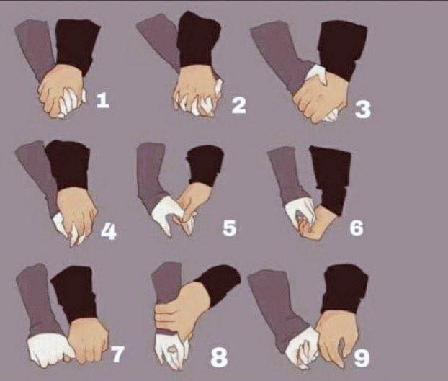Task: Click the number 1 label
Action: click(x=103, y=101)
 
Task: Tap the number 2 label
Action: click(x=239, y=105)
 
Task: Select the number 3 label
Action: click(x=363, y=109)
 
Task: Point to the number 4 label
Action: click(x=109, y=232)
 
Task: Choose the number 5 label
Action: click(x=230, y=228)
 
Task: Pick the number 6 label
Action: click(x=357, y=228)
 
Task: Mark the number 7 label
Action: click(x=117, y=354)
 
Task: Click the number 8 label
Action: click(x=219, y=358)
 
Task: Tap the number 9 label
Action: click(x=362, y=358)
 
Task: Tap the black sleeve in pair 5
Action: click(x=205, y=166)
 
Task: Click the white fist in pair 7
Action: click(x=49, y=350)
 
